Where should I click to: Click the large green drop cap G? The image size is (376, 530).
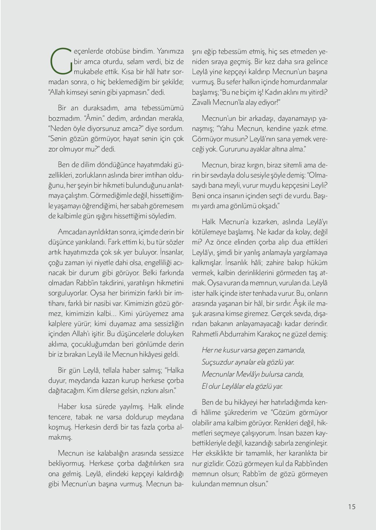click(61, 61)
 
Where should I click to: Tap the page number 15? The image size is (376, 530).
click(352, 507)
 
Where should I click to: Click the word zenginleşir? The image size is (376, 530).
click(308, 443)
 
